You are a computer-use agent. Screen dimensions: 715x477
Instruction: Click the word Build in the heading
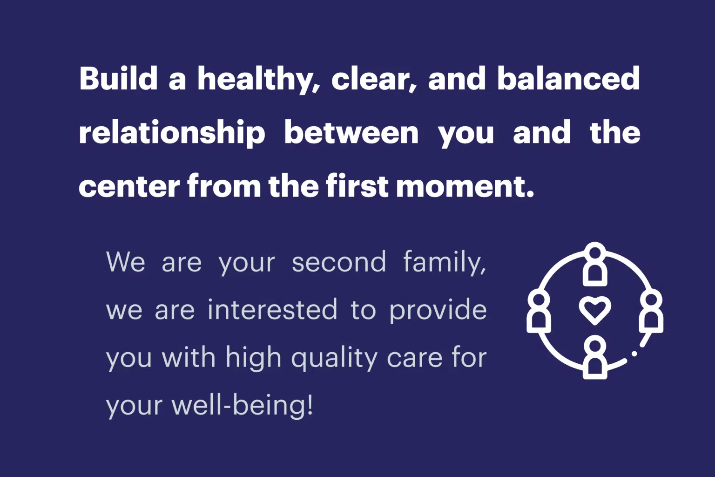point(118,78)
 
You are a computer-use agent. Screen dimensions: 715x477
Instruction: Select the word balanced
point(568,78)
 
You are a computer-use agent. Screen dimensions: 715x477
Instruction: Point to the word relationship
point(172,133)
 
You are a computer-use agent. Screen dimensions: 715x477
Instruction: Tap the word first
point(357,185)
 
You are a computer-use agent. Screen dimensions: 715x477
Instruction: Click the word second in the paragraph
point(339,261)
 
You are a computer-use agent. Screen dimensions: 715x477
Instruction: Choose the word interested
point(272,309)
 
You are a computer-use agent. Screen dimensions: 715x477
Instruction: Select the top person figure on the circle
point(595,264)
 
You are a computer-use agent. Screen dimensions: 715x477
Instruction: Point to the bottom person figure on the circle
point(595,357)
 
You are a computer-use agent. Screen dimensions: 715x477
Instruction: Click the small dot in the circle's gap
point(634,354)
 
